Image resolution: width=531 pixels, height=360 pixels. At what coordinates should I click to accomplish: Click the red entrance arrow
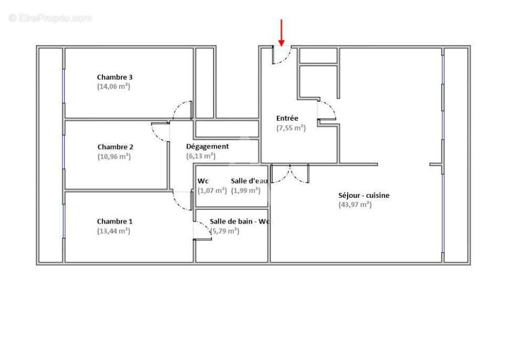click(282, 33)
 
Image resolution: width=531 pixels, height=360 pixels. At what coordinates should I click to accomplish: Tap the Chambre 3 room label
click(114, 77)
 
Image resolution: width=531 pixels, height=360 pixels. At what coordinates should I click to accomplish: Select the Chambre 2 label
click(114, 147)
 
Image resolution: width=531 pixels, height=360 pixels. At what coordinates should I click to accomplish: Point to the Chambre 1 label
click(114, 221)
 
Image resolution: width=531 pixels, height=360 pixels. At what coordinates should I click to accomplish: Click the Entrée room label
click(287, 119)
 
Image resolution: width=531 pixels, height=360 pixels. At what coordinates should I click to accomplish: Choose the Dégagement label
click(207, 146)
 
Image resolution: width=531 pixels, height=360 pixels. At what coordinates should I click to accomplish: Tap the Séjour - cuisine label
click(364, 196)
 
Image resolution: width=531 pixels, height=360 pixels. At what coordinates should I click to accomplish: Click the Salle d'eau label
click(249, 181)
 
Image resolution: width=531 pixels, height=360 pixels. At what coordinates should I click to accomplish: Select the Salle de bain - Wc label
click(240, 221)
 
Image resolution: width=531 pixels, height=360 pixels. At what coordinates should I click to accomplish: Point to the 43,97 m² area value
click(355, 205)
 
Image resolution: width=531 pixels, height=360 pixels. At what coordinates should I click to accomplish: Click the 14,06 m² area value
click(113, 87)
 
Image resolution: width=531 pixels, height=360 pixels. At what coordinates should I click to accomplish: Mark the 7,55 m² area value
click(291, 128)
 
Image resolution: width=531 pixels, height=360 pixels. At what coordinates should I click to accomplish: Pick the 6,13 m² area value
click(201, 156)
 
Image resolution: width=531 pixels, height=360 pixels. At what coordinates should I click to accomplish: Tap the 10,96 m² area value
click(114, 156)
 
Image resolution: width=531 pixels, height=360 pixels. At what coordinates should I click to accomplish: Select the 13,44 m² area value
click(113, 231)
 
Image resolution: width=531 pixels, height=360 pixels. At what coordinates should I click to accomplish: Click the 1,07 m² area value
click(212, 190)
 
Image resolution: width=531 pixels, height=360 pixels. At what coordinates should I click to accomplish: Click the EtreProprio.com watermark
click(50, 18)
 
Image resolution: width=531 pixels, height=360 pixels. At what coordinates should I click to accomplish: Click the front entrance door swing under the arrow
click(282, 56)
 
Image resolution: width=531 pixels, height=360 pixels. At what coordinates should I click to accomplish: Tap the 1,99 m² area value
click(246, 190)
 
